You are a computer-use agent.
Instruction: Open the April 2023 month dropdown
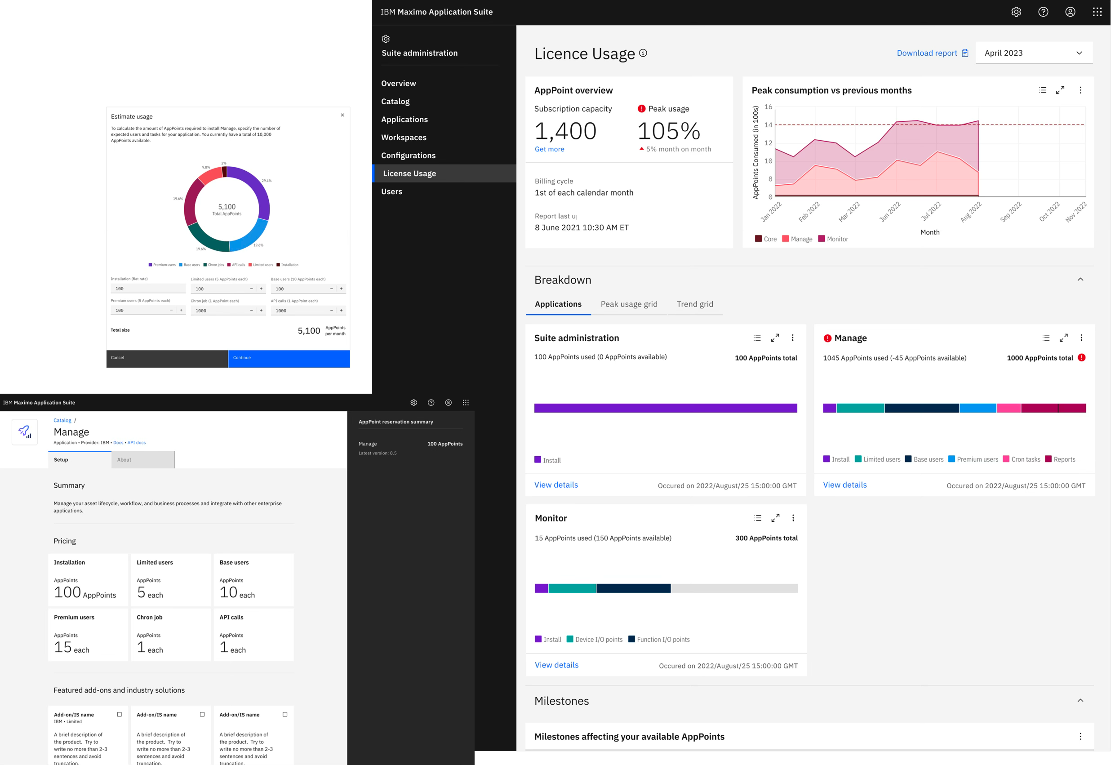pyautogui.click(x=1033, y=53)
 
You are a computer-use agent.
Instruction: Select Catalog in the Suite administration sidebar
pyautogui.click(x=396, y=102)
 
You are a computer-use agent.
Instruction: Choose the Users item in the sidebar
pyautogui.click(x=391, y=192)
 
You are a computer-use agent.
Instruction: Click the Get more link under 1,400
pyautogui.click(x=549, y=149)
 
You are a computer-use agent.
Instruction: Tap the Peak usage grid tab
pyautogui.click(x=629, y=304)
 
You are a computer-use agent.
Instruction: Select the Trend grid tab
pyautogui.click(x=694, y=304)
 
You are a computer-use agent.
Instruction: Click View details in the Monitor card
pyautogui.click(x=556, y=665)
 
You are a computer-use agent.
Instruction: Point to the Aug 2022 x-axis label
pyautogui.click(x=971, y=212)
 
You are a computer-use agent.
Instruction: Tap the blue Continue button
pyautogui.click(x=289, y=358)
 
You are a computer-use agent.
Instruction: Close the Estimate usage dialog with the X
pyautogui.click(x=342, y=115)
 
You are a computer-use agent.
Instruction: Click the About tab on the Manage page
pyautogui.click(x=143, y=460)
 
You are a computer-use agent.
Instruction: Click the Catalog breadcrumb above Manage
pyautogui.click(x=62, y=420)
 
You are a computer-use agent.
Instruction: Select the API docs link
pyautogui.click(x=137, y=443)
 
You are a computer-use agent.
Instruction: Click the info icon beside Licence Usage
pyautogui.click(x=643, y=53)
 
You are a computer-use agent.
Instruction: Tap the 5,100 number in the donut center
pyautogui.click(x=227, y=207)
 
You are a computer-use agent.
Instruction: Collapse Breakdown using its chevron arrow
pyautogui.click(x=1080, y=280)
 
